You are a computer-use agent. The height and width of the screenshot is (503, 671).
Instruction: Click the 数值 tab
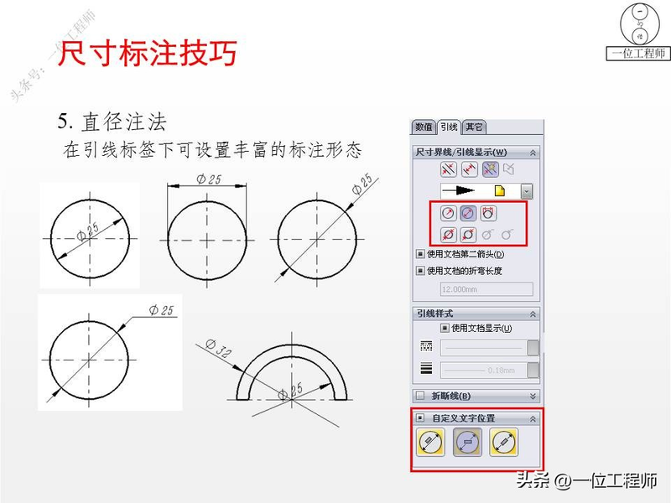click(x=424, y=127)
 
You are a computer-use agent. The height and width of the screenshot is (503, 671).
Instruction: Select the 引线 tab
click(x=449, y=127)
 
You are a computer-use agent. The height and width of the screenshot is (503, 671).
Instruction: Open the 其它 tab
click(x=474, y=127)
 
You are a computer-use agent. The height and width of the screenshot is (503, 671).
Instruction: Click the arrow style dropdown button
click(x=526, y=191)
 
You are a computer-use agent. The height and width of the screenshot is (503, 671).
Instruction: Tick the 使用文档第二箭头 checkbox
click(x=420, y=254)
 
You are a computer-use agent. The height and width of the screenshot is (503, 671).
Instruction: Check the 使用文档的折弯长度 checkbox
click(x=420, y=271)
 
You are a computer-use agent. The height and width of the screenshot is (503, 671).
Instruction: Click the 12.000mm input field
click(x=486, y=289)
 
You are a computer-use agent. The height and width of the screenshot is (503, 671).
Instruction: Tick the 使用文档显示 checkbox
click(x=445, y=328)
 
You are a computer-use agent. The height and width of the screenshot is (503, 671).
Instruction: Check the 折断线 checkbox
click(x=420, y=396)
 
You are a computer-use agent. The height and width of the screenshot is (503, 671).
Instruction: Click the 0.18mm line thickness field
click(x=482, y=369)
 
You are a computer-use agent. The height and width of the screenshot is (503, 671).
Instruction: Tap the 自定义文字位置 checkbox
click(x=420, y=417)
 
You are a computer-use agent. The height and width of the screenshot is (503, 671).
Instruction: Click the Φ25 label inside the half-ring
click(x=293, y=389)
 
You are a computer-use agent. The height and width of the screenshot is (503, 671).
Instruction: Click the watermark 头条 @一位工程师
click(x=586, y=480)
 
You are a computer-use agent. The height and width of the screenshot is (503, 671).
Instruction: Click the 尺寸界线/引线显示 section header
click(x=462, y=153)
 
